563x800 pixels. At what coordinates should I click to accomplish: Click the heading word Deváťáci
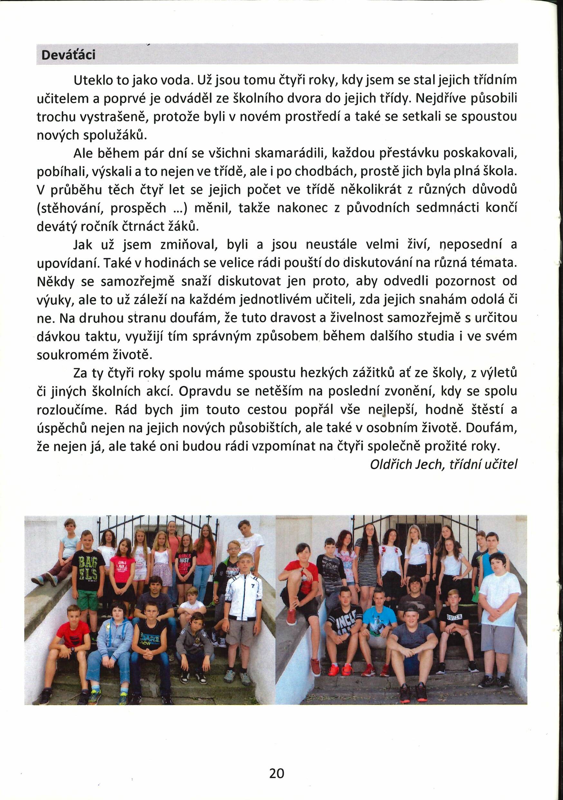click(x=68, y=55)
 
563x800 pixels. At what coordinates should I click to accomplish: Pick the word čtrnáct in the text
click(x=140, y=227)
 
